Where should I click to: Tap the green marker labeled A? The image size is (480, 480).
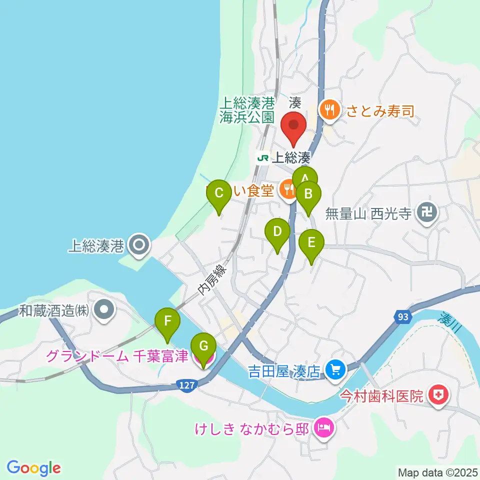pyautogui.click(x=305, y=178)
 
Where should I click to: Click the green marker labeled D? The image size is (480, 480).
pyautogui.click(x=277, y=232)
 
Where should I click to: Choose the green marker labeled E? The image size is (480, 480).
pyautogui.click(x=311, y=244)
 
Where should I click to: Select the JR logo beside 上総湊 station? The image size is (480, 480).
pyautogui.click(x=262, y=158)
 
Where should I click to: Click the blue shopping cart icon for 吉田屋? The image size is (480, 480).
pyautogui.click(x=334, y=370)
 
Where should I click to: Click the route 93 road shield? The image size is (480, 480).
pyautogui.click(x=403, y=317)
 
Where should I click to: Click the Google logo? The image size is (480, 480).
pyautogui.click(x=33, y=468)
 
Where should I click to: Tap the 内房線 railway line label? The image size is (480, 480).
pyautogui.click(x=212, y=281)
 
